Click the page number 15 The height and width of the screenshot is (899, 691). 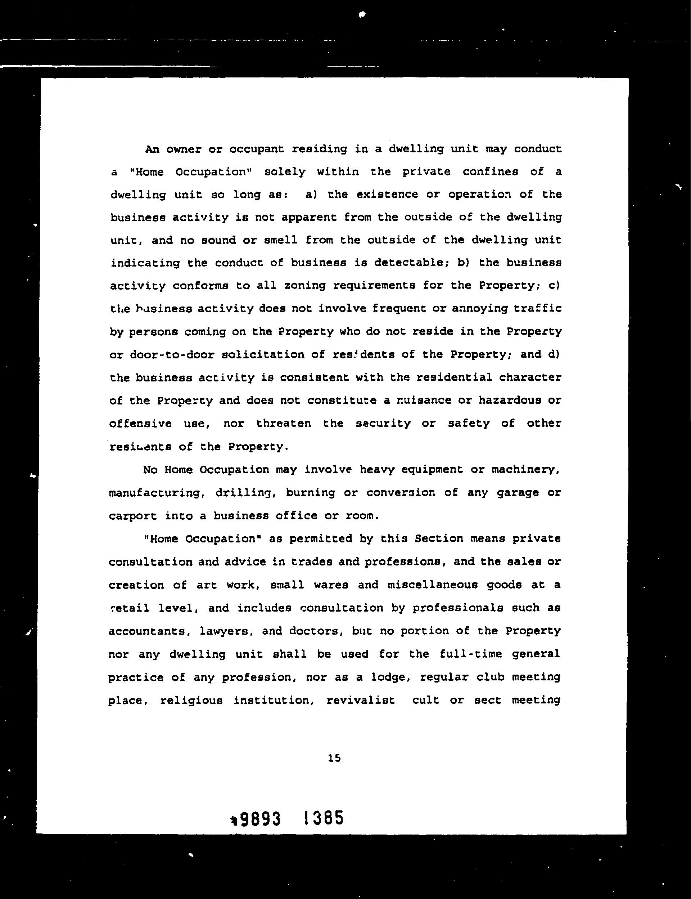coord(334,758)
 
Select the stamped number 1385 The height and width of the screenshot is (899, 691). coord(323,818)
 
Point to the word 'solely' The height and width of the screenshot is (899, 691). coord(285,172)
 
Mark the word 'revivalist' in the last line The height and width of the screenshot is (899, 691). coord(360,700)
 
